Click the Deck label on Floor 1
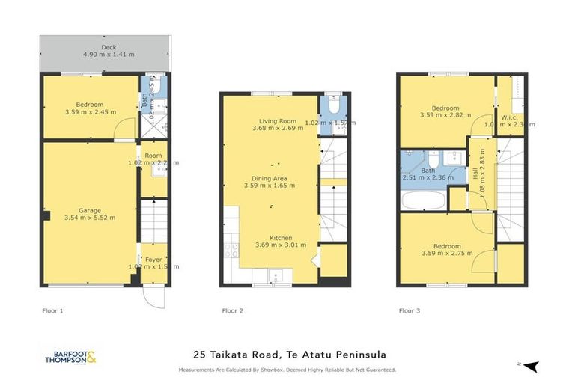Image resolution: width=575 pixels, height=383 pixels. point(88,46)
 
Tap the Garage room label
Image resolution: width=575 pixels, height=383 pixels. point(90,211)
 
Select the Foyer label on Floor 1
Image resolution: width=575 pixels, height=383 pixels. point(153,259)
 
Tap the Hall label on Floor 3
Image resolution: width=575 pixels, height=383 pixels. point(476,173)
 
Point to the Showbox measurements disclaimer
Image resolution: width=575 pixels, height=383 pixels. point(287,370)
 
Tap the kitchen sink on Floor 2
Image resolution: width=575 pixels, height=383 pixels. point(276,276)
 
